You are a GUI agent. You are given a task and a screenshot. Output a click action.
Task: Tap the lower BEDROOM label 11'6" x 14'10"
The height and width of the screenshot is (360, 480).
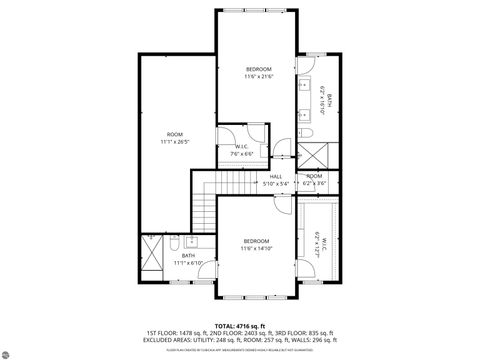coord(257,245)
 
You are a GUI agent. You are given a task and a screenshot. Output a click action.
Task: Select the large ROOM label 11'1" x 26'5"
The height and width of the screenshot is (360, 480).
coord(175,137)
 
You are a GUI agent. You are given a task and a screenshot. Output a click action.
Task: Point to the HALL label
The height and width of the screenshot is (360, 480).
coord(275,180)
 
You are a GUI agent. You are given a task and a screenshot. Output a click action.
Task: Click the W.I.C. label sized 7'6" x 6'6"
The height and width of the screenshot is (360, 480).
coord(241,150)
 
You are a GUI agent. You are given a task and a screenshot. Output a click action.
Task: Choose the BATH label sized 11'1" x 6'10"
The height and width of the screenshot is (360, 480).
coord(188,259)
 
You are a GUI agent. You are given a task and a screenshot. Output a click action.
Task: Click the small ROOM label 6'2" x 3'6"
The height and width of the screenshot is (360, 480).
coord(315,180)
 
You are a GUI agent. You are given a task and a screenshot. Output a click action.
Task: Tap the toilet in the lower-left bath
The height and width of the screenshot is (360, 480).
coord(174,243)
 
